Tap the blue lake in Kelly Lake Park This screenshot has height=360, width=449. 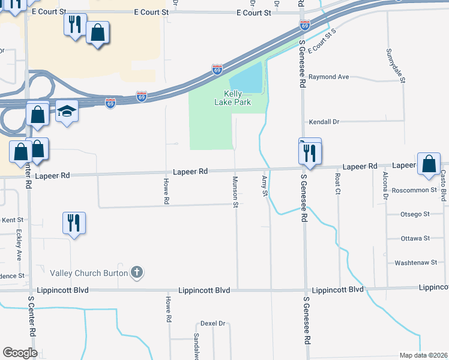(246, 78)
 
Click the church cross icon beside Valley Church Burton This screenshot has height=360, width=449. (137, 273)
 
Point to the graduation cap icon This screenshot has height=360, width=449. (67, 112)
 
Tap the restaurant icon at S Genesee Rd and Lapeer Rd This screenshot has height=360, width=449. (310, 153)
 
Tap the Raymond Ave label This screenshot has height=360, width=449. (328, 77)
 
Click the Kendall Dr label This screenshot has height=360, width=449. (324, 122)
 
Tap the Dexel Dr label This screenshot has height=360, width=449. (212, 323)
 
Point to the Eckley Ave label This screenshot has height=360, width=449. (19, 245)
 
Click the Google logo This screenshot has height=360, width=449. (20, 353)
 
